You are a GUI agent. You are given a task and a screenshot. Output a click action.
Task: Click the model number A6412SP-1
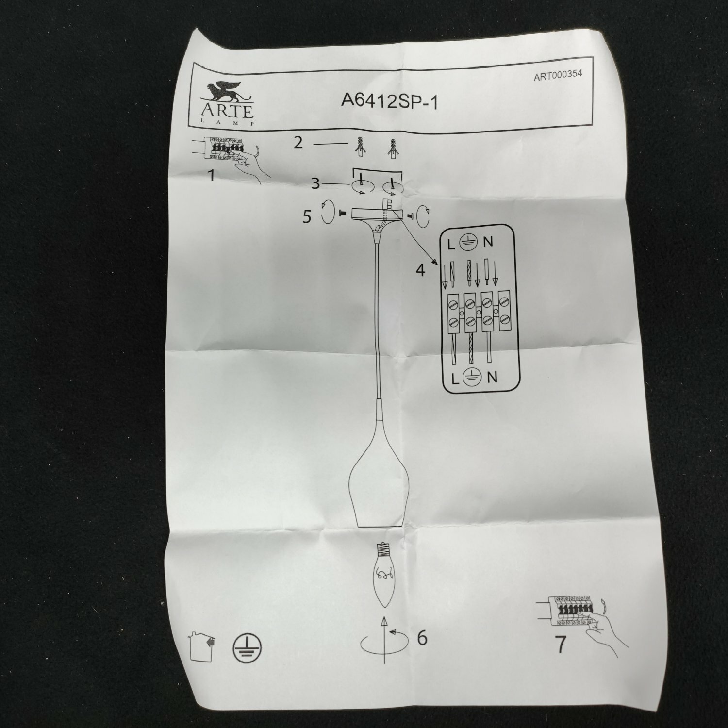pos(389,101)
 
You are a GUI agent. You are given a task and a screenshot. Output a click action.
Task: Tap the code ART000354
pos(557,76)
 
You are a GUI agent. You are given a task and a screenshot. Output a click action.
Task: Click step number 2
pos(298,142)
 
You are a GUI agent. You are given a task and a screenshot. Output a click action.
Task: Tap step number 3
pos(315,183)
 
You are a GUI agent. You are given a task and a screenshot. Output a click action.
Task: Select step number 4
pos(420,270)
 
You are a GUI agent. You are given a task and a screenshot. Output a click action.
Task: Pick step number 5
pos(306,216)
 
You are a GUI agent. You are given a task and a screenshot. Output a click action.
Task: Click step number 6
pos(422,638)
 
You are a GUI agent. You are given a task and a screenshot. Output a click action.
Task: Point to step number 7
pos(561,645)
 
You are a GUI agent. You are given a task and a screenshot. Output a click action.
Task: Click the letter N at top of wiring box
pos(488,242)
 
